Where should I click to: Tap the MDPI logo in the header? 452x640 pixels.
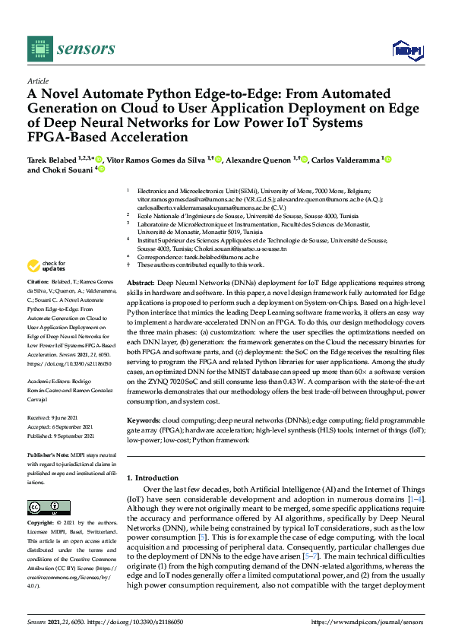click(x=406, y=50)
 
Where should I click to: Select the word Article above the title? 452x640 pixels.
click(x=37, y=81)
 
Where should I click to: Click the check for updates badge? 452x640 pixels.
click(x=46, y=266)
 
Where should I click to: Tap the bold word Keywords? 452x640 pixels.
click(x=144, y=420)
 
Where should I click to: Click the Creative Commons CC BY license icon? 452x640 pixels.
click(x=43, y=507)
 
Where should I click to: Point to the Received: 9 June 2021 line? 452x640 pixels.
click(x=54, y=418)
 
